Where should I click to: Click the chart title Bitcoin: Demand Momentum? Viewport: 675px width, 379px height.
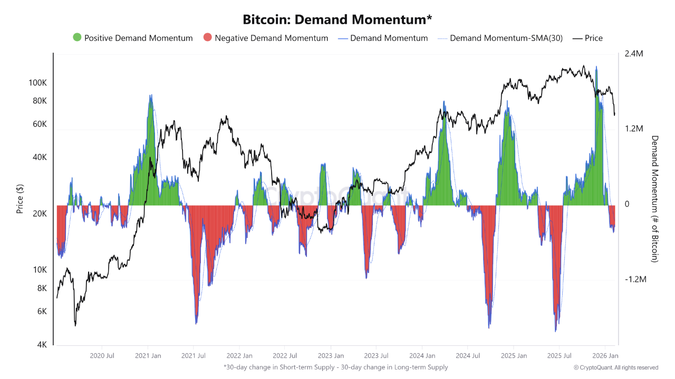point(337,19)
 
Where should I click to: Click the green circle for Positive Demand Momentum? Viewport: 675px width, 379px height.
point(77,38)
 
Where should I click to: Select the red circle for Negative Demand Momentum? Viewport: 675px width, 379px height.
point(207,38)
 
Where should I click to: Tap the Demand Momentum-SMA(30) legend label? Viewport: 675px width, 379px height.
point(506,38)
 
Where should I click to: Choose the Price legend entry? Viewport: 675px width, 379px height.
point(593,38)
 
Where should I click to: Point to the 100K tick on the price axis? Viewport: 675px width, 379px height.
point(38,83)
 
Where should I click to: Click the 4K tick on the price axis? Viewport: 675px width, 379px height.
point(42,345)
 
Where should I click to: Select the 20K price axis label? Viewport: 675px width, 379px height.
point(40,214)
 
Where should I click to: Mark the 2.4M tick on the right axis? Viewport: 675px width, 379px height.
point(633,54)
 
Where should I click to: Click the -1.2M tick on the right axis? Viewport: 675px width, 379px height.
point(635,279)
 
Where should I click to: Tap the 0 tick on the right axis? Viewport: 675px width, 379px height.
point(627,204)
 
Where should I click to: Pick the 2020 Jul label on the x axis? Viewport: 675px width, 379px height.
point(103,356)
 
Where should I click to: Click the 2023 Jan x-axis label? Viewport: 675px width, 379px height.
point(331,356)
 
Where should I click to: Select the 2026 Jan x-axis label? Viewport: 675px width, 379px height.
point(606,356)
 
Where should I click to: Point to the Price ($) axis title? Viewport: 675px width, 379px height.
point(20,199)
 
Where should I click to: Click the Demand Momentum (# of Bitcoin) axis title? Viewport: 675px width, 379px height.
point(655,199)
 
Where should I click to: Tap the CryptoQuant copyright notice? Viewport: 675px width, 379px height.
point(616,367)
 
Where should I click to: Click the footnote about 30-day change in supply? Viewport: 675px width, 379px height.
point(335,367)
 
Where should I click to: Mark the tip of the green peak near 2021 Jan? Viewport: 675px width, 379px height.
point(151,96)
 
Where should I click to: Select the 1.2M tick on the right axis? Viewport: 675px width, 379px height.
point(633,129)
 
